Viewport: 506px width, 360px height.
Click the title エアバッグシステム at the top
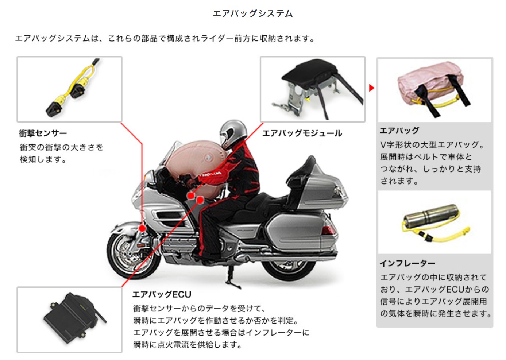(252, 13)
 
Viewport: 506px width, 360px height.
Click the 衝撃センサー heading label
(43, 133)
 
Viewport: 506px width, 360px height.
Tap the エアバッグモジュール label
(302, 133)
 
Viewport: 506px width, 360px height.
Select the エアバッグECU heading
(162, 294)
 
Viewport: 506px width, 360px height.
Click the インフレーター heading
(407, 263)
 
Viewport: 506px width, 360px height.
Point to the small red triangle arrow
(371, 88)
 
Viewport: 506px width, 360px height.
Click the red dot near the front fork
(142, 228)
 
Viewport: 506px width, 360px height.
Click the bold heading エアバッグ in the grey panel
(399, 131)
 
